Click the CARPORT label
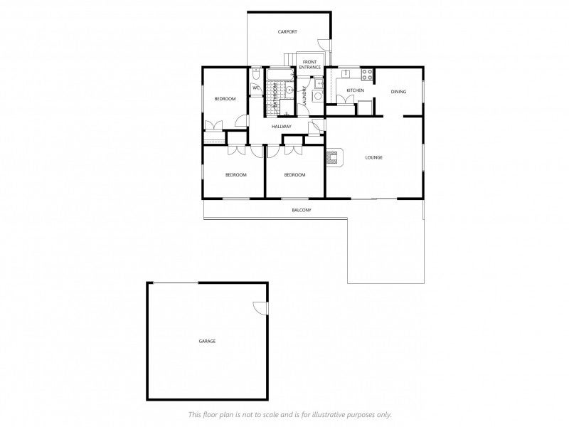point(287,32)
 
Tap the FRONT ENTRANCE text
point(310,65)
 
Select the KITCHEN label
point(355,91)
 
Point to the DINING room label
point(398,91)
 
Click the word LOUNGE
point(374,157)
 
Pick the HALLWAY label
point(282,127)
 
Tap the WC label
point(255,88)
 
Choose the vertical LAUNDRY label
point(304,97)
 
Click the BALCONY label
point(302,211)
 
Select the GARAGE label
point(207,342)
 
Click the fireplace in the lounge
point(334,157)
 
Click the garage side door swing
point(261,307)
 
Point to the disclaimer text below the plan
point(289,414)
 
